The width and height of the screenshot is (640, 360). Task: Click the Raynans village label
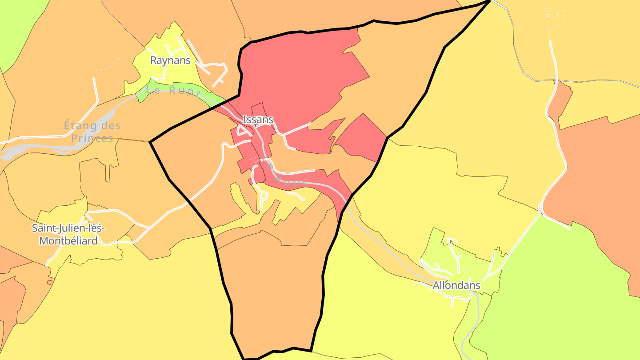coord(170,60)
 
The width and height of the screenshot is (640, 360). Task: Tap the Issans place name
coord(258,120)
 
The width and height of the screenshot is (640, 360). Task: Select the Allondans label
coord(456,285)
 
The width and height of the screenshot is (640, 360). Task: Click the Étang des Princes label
coord(92,132)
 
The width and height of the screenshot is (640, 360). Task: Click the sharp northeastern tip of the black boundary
coord(489,1)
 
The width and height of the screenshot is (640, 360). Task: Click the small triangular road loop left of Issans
coord(243,130)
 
